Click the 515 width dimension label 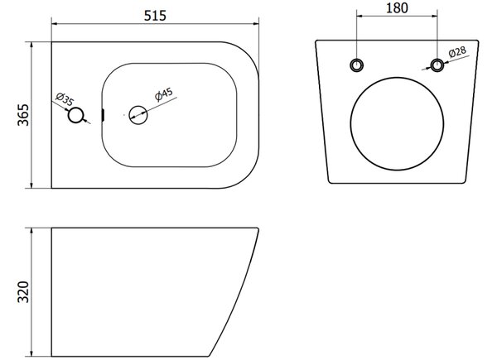click(155, 16)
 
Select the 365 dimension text click(23, 114)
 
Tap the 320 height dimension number click(23, 291)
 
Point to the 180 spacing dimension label click(397, 8)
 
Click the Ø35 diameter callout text click(65, 98)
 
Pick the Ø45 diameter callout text click(164, 94)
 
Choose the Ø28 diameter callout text click(457, 52)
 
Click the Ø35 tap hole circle click(75, 115)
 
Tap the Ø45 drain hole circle click(138, 115)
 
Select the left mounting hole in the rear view click(356, 65)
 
